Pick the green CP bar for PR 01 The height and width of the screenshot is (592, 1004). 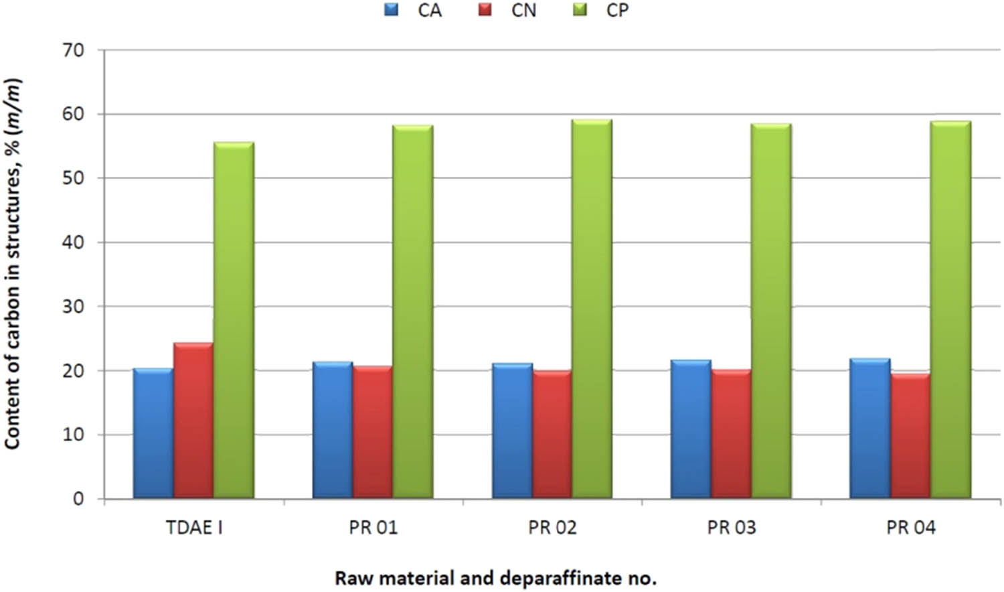click(412, 312)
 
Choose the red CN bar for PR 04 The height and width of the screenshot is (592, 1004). click(910, 436)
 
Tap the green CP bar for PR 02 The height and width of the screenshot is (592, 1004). click(592, 309)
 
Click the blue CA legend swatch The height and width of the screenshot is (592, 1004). click(392, 10)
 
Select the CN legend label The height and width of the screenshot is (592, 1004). click(523, 11)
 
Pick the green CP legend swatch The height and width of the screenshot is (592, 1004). click(580, 10)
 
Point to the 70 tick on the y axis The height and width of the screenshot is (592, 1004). click(74, 50)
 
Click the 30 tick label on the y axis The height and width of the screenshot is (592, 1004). click(74, 307)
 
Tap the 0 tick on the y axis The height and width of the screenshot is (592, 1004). click(79, 499)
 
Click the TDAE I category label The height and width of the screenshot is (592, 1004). click(194, 528)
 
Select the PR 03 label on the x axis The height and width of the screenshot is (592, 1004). click(731, 528)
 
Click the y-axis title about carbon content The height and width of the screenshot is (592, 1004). click(13, 265)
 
